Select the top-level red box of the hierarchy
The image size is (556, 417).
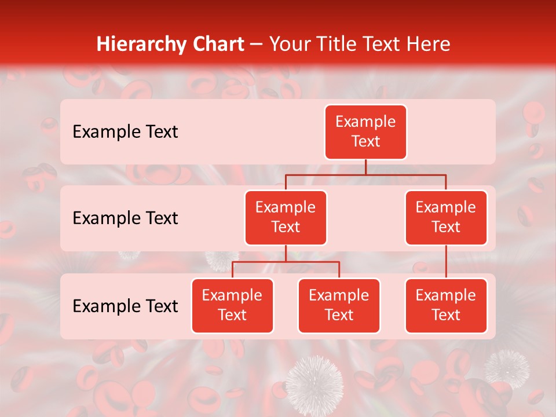(365, 132)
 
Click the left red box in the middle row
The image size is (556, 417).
(286, 217)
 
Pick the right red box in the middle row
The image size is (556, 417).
(446, 217)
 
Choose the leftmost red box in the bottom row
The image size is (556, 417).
(232, 305)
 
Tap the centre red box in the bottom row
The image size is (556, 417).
(339, 305)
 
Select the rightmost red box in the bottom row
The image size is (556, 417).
(446, 305)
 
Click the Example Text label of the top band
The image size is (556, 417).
(125, 132)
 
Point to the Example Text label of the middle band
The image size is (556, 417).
(125, 218)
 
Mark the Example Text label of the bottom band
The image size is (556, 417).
(125, 306)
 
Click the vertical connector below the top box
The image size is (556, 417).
(365, 167)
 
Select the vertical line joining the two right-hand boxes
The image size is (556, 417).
(446, 262)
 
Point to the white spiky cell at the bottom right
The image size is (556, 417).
(506, 367)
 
